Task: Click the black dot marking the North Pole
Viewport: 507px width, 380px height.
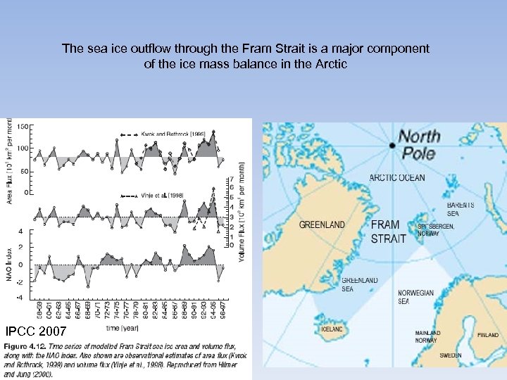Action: pyautogui.click(x=392, y=146)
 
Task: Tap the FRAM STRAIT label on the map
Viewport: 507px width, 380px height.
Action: pyautogui.click(x=389, y=232)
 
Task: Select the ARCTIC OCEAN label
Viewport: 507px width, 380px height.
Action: pyautogui.click(x=398, y=177)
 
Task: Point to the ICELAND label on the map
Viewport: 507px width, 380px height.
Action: pyautogui.click(x=332, y=329)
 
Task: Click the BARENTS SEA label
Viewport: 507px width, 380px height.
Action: pyautogui.click(x=461, y=208)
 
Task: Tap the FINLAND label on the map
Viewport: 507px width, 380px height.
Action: pyautogui.click(x=487, y=335)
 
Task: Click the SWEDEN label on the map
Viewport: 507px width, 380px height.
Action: pyautogui.click(x=451, y=355)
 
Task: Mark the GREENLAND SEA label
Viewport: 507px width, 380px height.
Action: pyautogui.click(x=359, y=284)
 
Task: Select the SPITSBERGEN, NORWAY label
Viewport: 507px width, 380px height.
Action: pyautogui.click(x=437, y=229)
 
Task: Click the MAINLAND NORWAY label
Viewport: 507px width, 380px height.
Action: pyautogui.click(x=427, y=336)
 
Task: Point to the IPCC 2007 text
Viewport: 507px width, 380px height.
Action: pyautogui.click(x=36, y=331)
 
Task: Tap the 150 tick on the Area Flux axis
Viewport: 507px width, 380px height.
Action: pyautogui.click(x=23, y=127)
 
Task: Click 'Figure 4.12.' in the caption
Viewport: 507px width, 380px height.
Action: pyautogui.click(x=27, y=347)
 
